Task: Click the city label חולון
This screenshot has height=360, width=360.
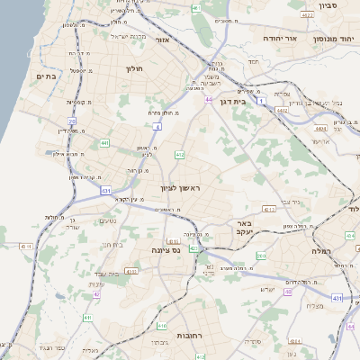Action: (132, 67)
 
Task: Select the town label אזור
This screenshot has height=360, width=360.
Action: (162, 40)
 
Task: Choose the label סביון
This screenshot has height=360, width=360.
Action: (326, 4)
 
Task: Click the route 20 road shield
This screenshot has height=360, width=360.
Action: (71, 121)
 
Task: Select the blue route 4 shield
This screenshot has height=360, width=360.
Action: (157, 128)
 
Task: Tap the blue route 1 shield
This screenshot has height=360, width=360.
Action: (261, 103)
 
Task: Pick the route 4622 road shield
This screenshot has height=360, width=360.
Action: (308, 15)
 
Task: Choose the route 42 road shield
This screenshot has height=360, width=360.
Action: (96, 293)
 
